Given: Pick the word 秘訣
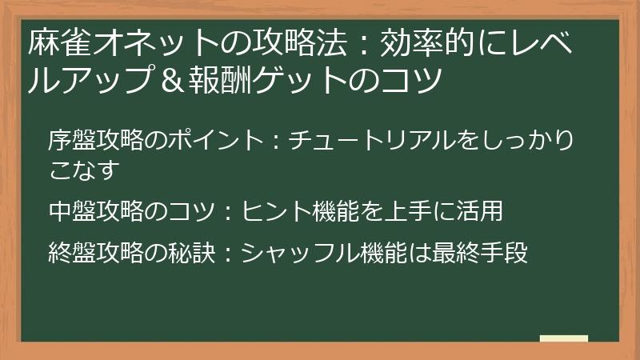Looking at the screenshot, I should (x=192, y=253).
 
